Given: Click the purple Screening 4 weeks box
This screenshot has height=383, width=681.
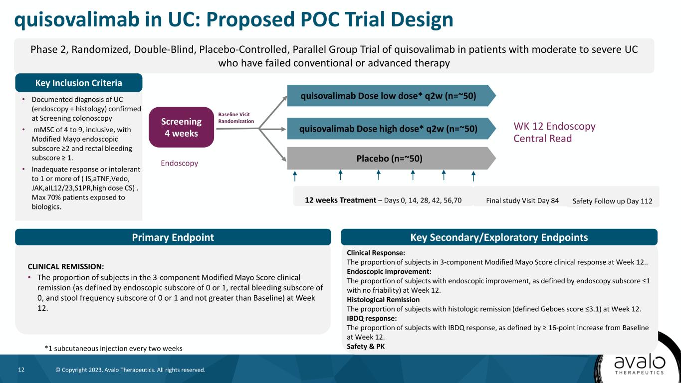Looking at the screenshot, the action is (x=181, y=127).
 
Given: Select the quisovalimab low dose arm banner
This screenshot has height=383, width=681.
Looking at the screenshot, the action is (x=391, y=96).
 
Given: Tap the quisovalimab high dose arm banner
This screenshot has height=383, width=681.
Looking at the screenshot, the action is (x=391, y=129).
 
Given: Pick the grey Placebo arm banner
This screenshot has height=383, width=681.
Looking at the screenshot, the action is (x=391, y=159).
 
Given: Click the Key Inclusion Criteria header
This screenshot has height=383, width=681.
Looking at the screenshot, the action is (x=79, y=83).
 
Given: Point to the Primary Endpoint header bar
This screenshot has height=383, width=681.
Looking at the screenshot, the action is (x=173, y=237).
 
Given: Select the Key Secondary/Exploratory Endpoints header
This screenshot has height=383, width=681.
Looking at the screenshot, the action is (x=499, y=237).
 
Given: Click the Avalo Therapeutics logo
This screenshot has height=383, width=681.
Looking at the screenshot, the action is (x=640, y=365).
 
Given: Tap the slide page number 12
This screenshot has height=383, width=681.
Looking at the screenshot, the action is (x=21, y=370).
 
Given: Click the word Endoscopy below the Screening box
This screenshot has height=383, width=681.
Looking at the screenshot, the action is (x=180, y=163).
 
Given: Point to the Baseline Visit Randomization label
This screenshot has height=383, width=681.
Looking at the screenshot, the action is (x=236, y=118).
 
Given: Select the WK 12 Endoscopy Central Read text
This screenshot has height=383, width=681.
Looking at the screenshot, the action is (x=555, y=132).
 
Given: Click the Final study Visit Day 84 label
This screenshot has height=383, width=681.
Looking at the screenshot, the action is (x=522, y=200).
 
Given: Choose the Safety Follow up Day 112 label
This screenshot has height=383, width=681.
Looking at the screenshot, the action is (x=612, y=201).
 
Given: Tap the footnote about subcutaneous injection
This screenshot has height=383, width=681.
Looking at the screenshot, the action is (x=113, y=349).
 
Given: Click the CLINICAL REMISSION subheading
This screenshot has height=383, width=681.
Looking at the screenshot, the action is (x=66, y=267).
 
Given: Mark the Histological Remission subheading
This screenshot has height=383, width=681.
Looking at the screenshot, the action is (x=383, y=300).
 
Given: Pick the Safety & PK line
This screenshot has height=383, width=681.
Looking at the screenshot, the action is (x=366, y=347).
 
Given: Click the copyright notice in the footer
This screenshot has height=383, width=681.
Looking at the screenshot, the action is (x=130, y=370).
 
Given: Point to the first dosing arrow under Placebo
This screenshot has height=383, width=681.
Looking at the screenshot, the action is (x=294, y=176).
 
